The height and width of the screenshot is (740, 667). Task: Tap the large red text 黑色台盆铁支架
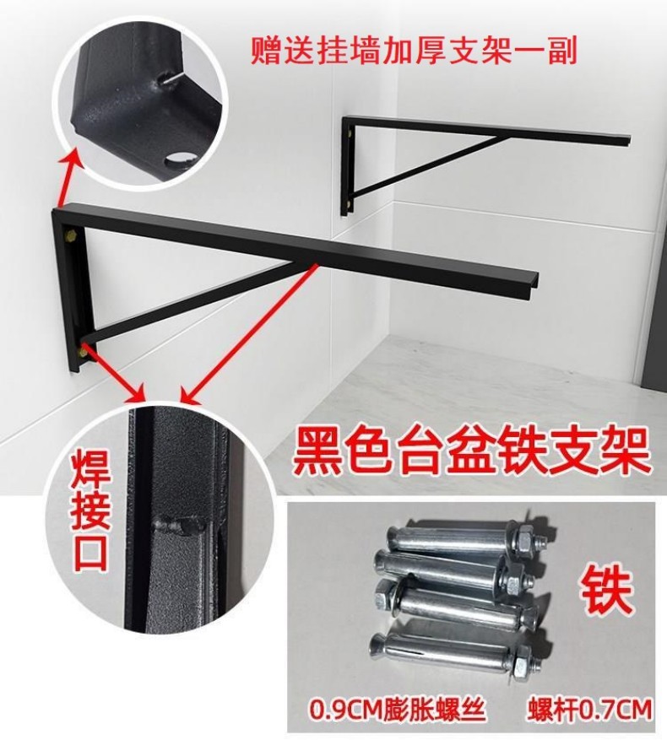click(470, 452)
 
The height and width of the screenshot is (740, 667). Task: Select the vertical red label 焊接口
click(92, 514)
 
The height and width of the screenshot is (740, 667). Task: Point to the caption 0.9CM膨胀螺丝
click(398, 709)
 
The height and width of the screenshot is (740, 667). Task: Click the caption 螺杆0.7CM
click(589, 709)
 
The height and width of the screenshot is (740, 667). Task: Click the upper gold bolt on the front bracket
click(73, 235)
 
